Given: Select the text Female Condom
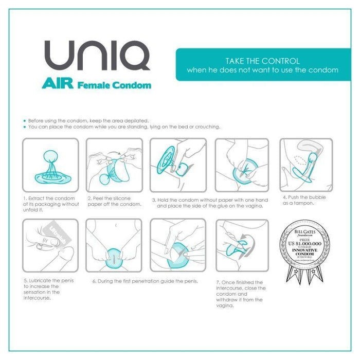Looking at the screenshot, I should point(114,85).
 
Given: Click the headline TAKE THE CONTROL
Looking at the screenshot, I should point(262,60).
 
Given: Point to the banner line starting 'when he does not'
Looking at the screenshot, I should point(262,70).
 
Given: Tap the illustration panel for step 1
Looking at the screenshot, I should point(51,164).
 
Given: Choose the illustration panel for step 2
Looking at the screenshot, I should point(114,164).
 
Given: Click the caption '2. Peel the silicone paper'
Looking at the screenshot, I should point(113,201).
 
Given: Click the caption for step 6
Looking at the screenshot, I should point(145,281).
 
